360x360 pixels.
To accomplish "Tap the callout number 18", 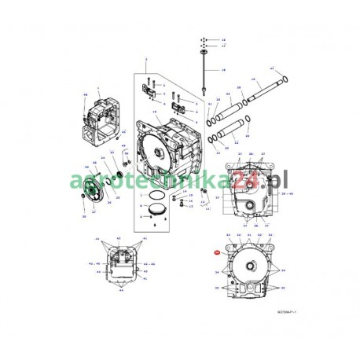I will [x=222, y=71].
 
